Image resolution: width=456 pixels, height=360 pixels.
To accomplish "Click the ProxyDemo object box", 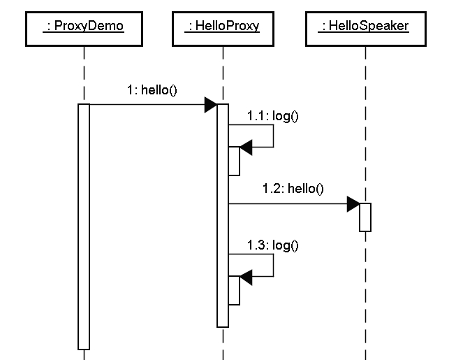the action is click(84, 29).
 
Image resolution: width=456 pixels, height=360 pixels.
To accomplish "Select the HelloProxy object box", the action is click(223, 29).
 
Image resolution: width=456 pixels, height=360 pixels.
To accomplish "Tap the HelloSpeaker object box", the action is click(366, 29).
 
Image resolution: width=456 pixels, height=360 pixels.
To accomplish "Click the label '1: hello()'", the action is click(152, 90).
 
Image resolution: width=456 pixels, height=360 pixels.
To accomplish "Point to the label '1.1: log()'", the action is click(272, 116).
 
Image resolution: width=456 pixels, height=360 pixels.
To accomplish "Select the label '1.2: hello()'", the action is click(293, 189).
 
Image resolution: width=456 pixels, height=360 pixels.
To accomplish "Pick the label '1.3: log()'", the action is click(272, 245).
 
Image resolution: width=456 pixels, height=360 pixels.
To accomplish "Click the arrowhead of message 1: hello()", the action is click(211, 105).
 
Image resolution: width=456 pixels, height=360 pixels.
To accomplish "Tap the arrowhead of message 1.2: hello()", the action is click(353, 204).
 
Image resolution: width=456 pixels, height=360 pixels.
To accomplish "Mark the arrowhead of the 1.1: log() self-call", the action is click(246, 147).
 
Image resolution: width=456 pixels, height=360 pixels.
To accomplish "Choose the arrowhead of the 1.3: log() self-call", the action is click(246, 277).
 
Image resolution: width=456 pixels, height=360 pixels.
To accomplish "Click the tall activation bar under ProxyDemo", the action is click(84, 226).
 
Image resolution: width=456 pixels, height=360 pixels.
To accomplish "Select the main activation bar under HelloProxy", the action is click(223, 215).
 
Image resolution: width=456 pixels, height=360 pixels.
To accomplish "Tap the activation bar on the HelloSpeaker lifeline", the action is click(365, 217).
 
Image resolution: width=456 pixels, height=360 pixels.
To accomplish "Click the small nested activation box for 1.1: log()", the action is click(234, 161).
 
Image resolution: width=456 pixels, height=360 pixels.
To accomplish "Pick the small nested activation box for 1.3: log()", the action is click(234, 291).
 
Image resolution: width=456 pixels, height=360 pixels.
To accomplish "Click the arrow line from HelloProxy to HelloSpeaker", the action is click(294, 204).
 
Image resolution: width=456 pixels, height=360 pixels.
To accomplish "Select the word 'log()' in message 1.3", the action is click(286, 245).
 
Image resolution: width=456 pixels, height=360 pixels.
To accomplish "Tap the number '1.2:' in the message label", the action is click(273, 189).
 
